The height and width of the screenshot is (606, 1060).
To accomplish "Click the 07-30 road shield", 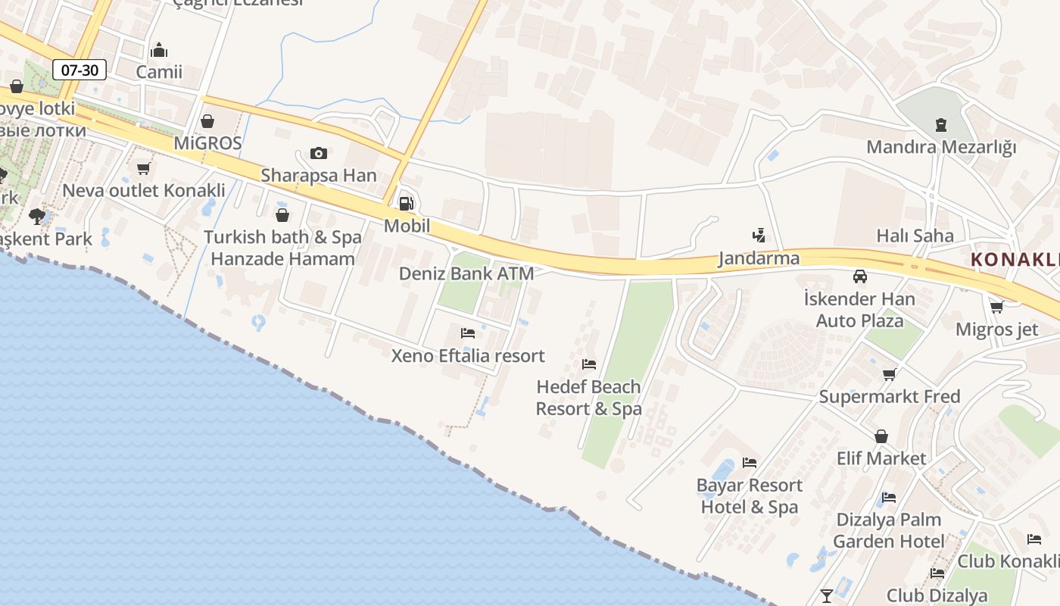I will point(79,70).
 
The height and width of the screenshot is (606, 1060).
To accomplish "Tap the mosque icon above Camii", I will point(159,50).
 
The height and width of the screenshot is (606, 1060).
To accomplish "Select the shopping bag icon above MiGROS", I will point(207,120).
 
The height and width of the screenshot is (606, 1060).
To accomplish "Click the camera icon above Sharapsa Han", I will point(319,153).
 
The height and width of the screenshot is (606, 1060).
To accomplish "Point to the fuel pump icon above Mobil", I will point(407,203).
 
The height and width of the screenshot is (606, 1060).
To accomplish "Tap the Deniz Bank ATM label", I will point(466,273).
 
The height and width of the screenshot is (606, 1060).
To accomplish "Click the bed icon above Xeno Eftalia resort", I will point(468,333).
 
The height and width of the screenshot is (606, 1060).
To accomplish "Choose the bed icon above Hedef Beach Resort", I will point(589,364).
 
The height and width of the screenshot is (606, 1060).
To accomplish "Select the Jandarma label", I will point(759,258).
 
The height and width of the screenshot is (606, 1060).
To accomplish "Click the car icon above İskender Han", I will point(859,276).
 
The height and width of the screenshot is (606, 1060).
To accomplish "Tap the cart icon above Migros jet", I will point(996,307).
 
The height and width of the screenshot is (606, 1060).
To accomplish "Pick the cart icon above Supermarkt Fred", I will point(890,374).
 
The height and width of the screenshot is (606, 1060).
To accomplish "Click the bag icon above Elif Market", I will point(881,436).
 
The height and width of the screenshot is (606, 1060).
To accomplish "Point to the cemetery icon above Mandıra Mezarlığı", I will point(941,124).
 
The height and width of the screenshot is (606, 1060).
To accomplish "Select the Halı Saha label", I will point(915,236).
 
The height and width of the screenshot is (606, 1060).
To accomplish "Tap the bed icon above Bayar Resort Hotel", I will point(750,462).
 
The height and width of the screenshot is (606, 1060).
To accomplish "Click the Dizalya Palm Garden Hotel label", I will point(889,530).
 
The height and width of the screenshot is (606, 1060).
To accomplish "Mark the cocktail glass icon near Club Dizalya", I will point(827,595).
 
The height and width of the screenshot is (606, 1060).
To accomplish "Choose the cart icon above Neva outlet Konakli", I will point(144,168).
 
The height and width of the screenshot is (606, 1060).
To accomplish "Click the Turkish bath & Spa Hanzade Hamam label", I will point(282,248).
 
